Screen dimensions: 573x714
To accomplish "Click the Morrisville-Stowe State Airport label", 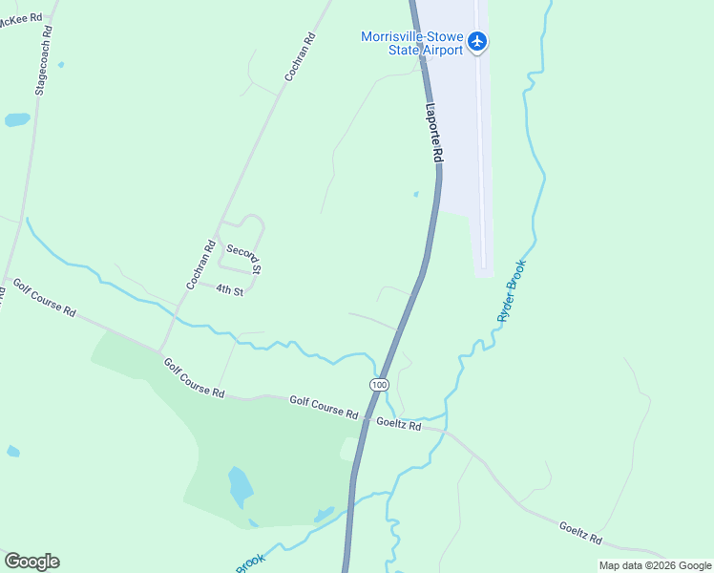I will (x=411, y=43).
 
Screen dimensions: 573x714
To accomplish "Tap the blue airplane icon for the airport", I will (x=478, y=42).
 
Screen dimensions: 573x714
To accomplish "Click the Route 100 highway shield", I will (x=380, y=384).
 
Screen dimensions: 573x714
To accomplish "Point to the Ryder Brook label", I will (x=512, y=290).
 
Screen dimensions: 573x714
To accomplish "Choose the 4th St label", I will (x=229, y=290).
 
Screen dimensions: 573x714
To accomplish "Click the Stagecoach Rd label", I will (x=42, y=59).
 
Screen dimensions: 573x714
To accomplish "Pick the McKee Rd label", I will (x=21, y=20).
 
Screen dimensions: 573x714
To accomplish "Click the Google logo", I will (x=31, y=562).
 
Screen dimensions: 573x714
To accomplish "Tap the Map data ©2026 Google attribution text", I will (x=654, y=565).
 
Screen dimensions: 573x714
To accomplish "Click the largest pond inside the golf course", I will (x=241, y=487).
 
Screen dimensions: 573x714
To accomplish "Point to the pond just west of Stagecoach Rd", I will (x=17, y=120).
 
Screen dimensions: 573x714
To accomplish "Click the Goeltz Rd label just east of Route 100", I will (x=398, y=423).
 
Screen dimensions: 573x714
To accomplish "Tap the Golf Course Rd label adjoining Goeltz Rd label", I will (x=324, y=409).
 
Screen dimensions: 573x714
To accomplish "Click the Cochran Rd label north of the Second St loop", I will (x=300, y=59).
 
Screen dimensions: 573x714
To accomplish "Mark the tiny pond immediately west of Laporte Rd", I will (x=416, y=195).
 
